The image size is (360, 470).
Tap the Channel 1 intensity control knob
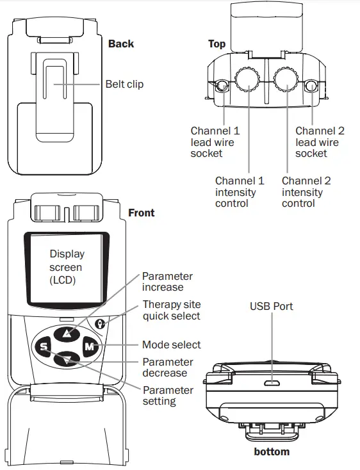[x=247, y=79]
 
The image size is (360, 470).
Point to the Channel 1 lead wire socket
[x=221, y=86]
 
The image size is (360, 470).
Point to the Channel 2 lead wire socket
[x=311, y=86]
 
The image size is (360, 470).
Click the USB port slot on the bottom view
[x=272, y=383]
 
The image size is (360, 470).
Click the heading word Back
[x=121, y=44]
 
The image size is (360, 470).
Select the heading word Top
[x=217, y=44]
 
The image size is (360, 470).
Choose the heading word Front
[x=142, y=213]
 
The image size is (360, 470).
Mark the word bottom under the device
[x=271, y=451]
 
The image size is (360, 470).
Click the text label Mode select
[x=171, y=344]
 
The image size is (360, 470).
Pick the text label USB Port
[x=271, y=306]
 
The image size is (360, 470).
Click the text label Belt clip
[x=124, y=84]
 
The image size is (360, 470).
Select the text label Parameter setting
[x=167, y=396]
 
